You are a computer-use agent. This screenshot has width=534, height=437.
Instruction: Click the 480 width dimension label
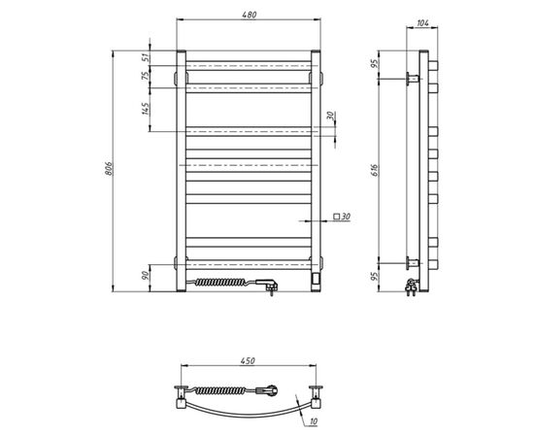point(249,15)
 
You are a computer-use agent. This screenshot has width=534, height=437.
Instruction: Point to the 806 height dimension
point(109,169)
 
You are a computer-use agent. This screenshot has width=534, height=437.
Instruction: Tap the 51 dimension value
point(146,57)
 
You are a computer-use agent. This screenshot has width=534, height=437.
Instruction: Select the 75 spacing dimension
point(146,76)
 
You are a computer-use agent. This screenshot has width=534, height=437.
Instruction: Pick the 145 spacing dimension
point(146,109)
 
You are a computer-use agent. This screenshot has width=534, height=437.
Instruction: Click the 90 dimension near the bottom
point(146,275)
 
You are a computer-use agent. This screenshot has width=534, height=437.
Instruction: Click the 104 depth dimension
point(422,23)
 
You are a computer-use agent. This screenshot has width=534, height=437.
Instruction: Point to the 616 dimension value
point(375,170)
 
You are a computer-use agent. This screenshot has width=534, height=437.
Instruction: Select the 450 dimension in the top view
point(248,360)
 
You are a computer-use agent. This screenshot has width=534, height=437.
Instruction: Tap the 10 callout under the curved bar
point(314,421)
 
